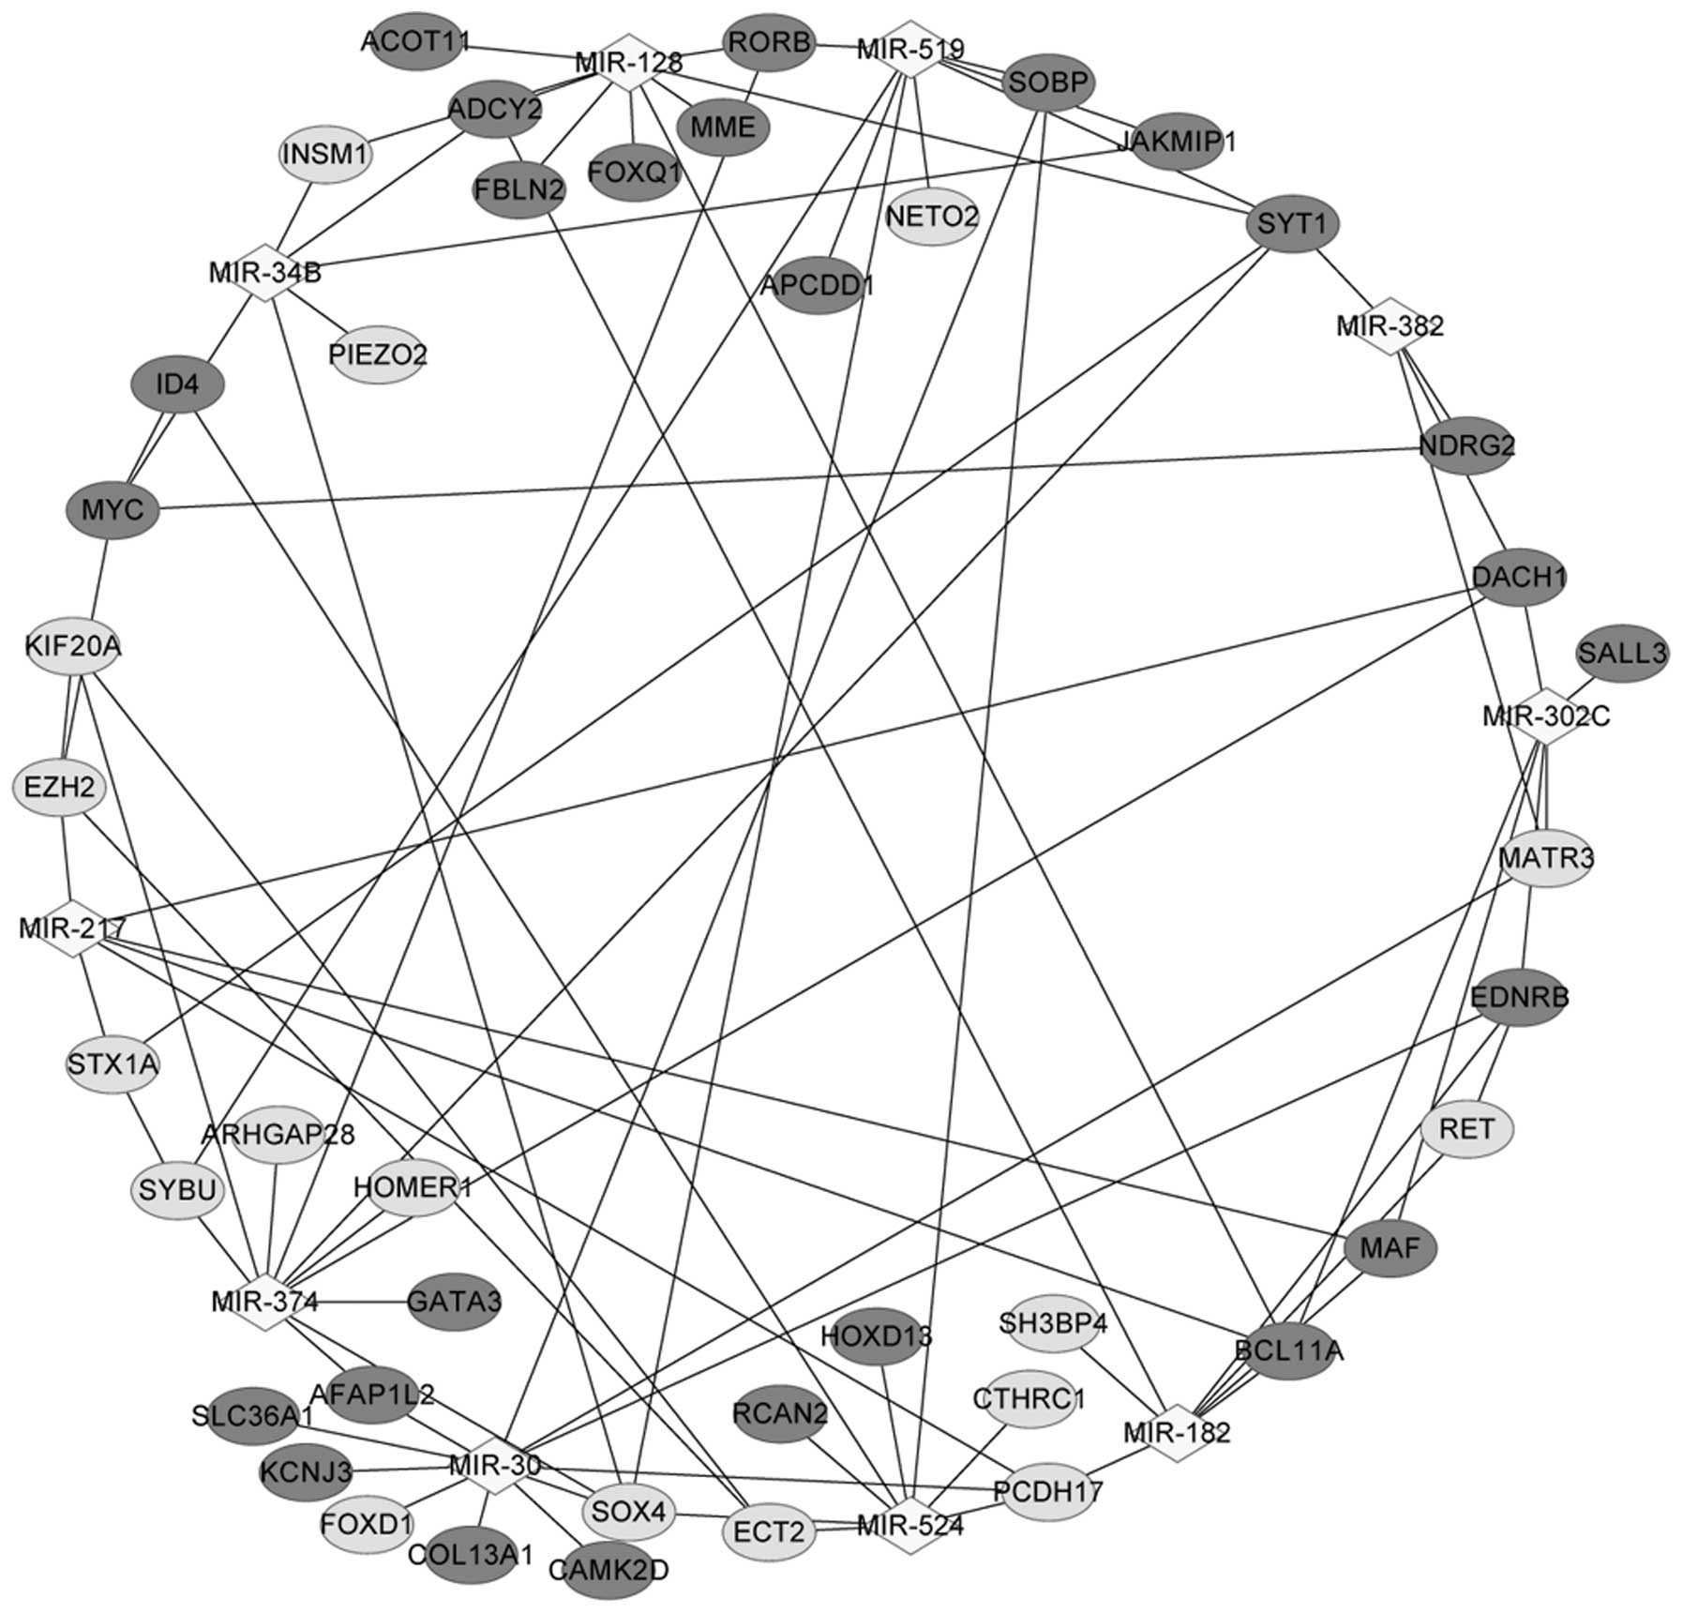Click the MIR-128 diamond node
point(629,64)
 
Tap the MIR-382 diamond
point(1390,326)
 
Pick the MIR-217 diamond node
point(72,928)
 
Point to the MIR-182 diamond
point(1178,1432)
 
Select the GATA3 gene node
point(454,1302)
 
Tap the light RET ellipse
point(1467,1128)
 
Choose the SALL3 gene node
point(1623,653)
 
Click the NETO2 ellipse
point(932,217)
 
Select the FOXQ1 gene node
point(635,172)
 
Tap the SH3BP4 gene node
point(1053,1324)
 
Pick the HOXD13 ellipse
point(877,1335)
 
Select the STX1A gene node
point(113,1064)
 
